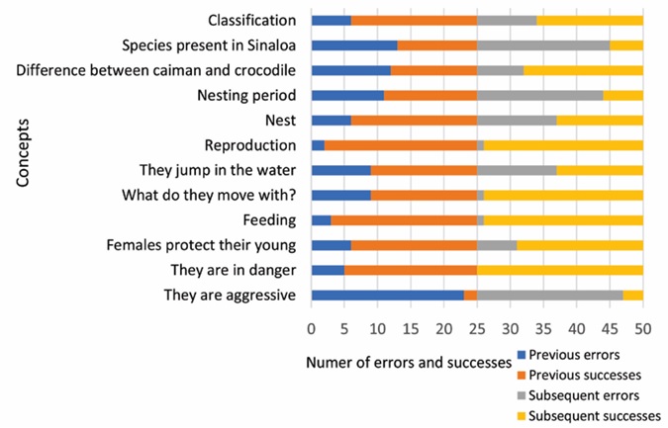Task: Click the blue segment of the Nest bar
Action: point(331,120)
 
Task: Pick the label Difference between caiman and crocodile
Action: point(157,70)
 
